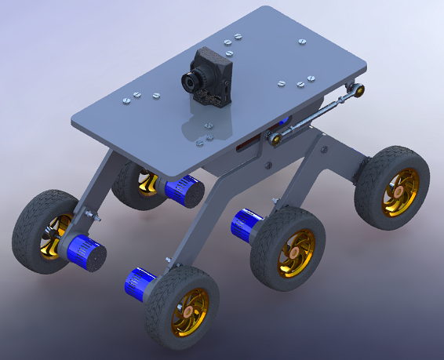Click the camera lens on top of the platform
tap(191, 82)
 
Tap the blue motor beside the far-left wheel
tap(85, 252)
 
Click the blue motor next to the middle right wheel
tap(247, 225)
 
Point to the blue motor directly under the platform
tap(183, 190)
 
